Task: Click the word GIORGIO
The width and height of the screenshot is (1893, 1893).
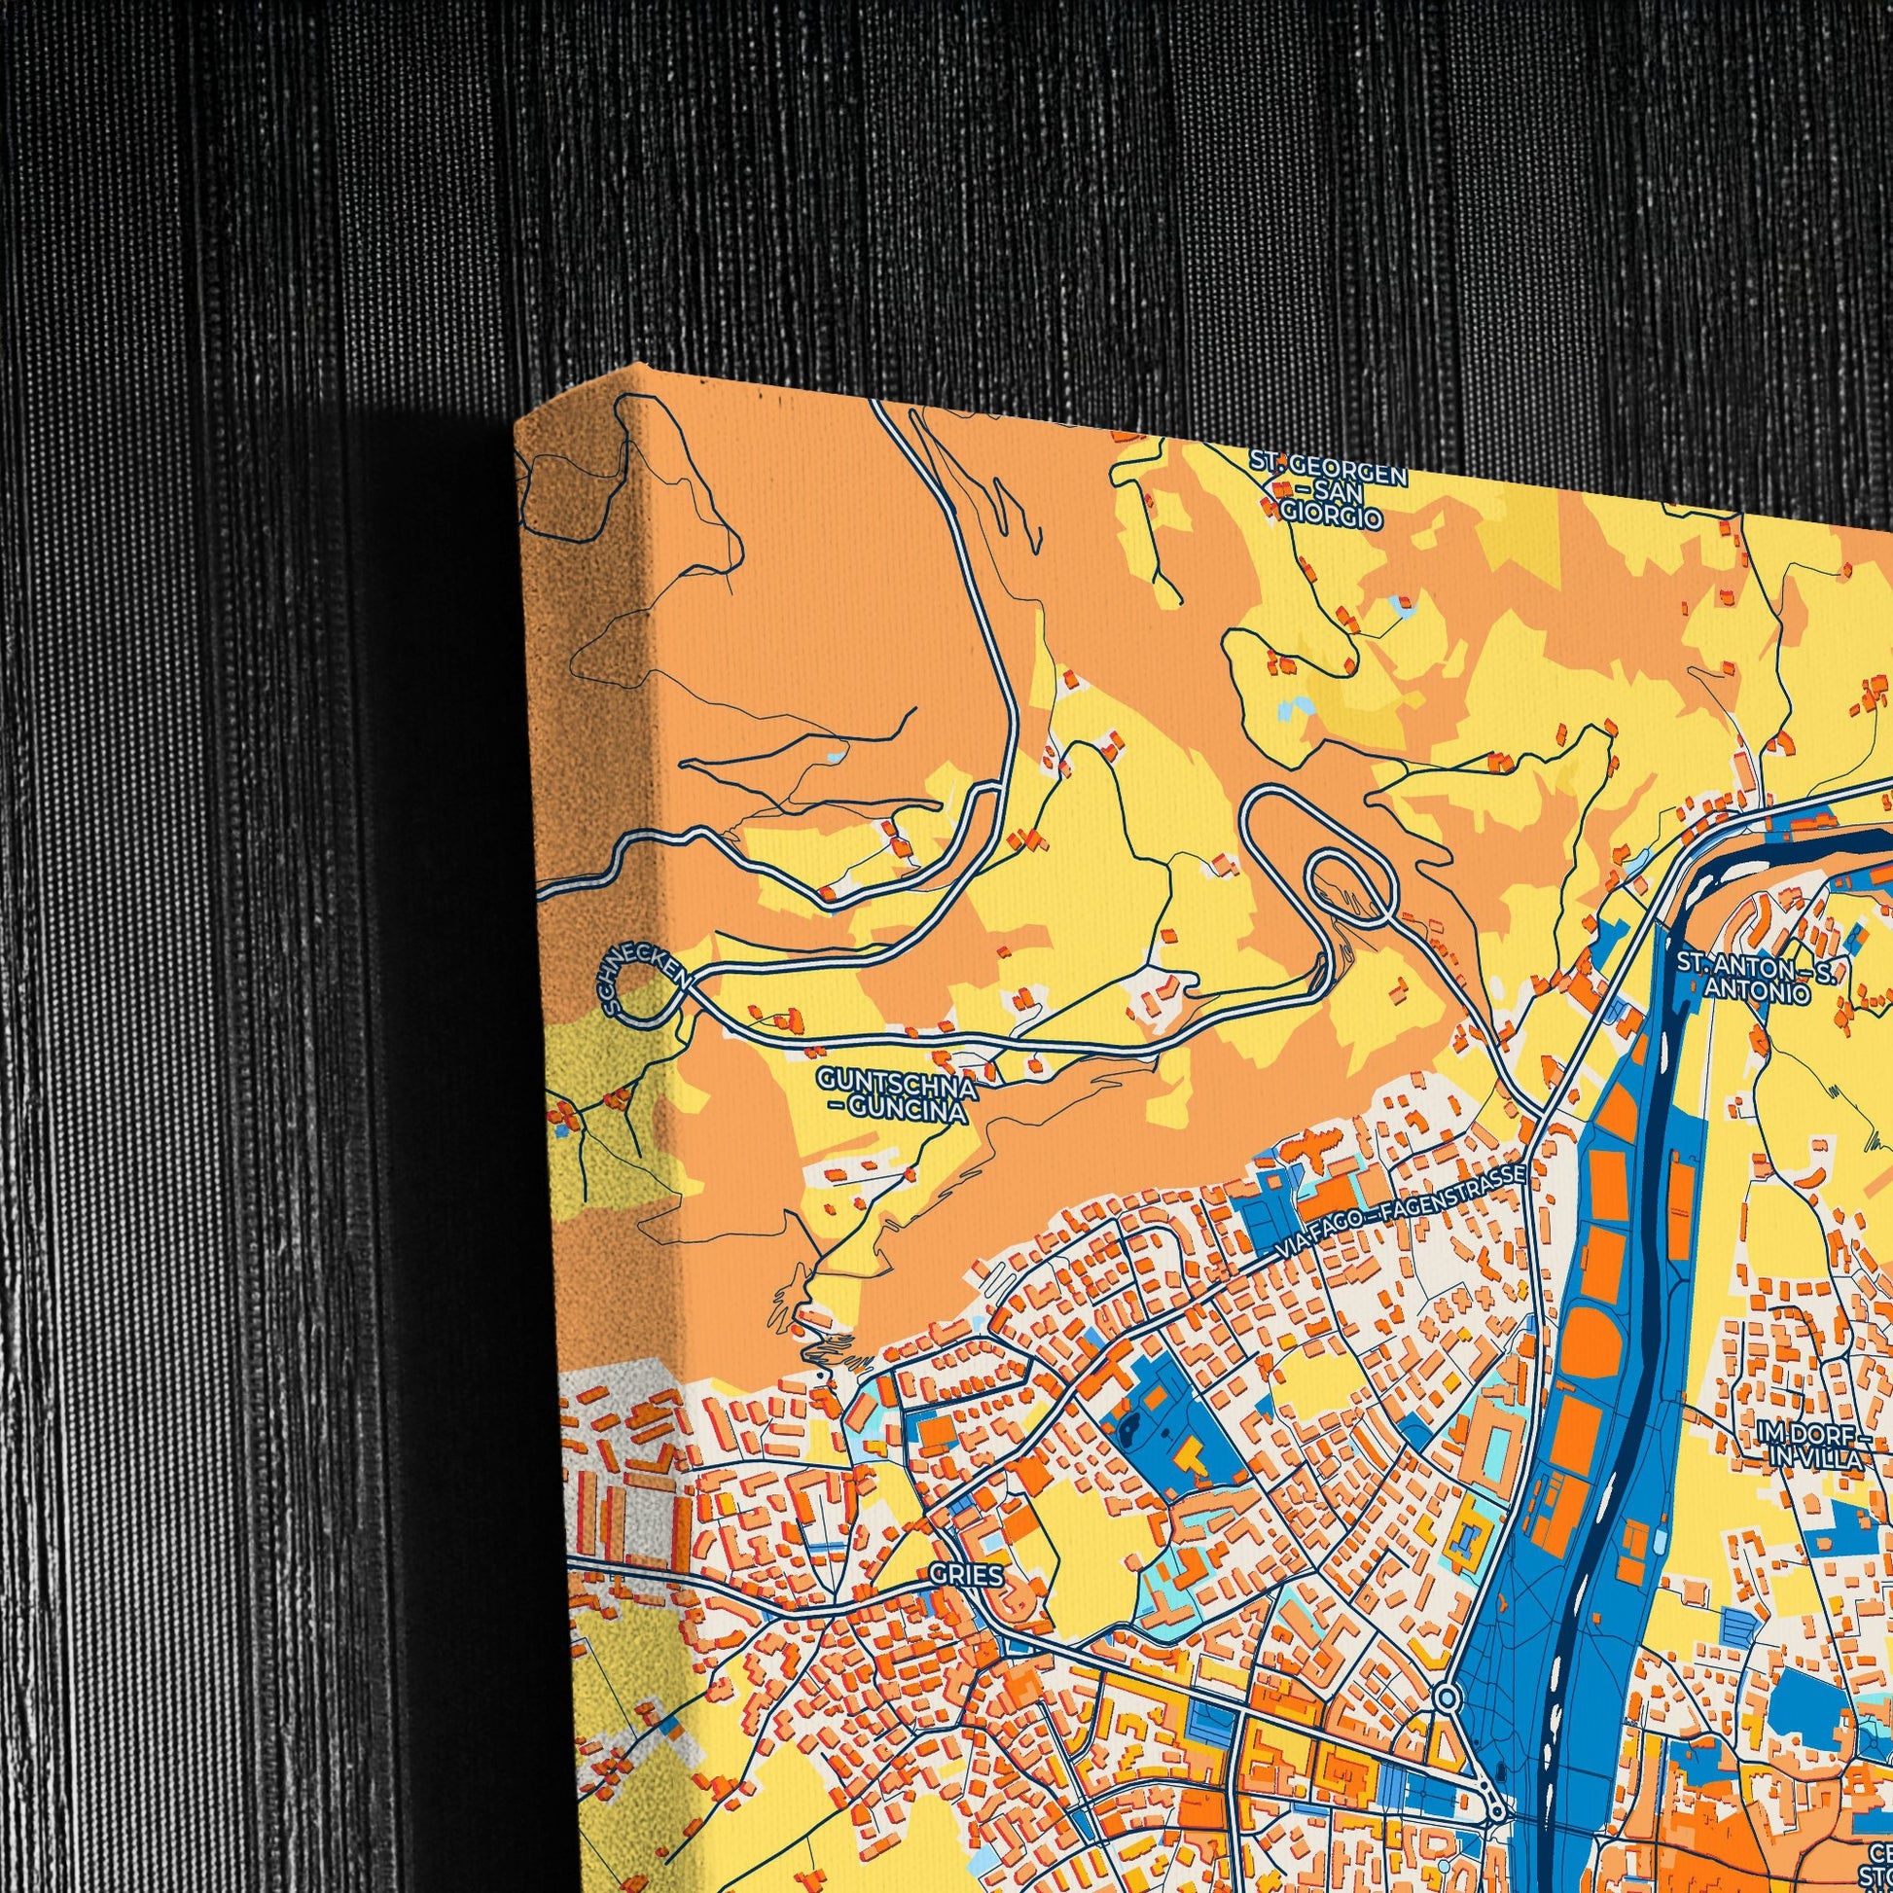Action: pos(1331,517)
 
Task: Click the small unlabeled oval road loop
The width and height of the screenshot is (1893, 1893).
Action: pos(1351,888)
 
